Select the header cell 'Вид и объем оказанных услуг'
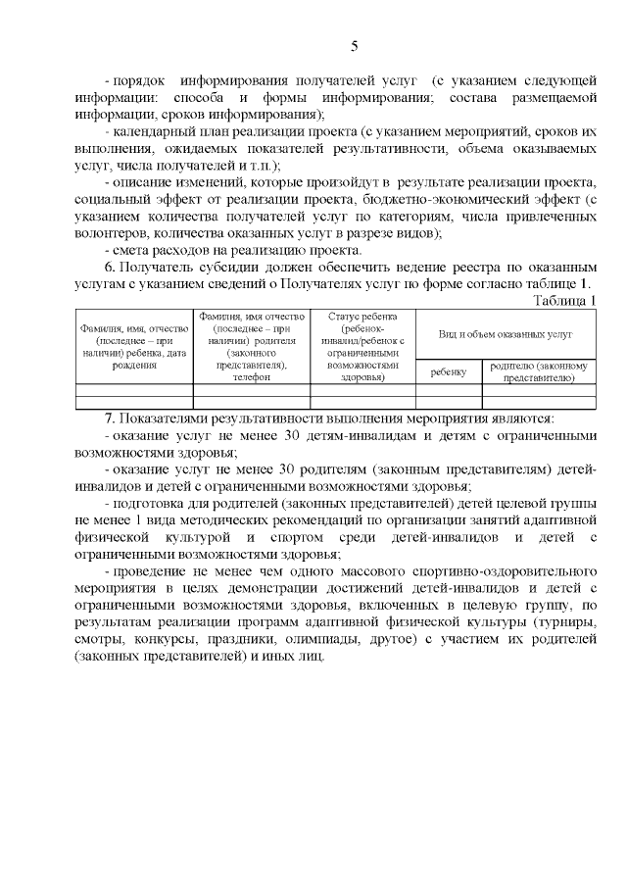click(x=505, y=334)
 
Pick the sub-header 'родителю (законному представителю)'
click(x=538, y=371)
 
